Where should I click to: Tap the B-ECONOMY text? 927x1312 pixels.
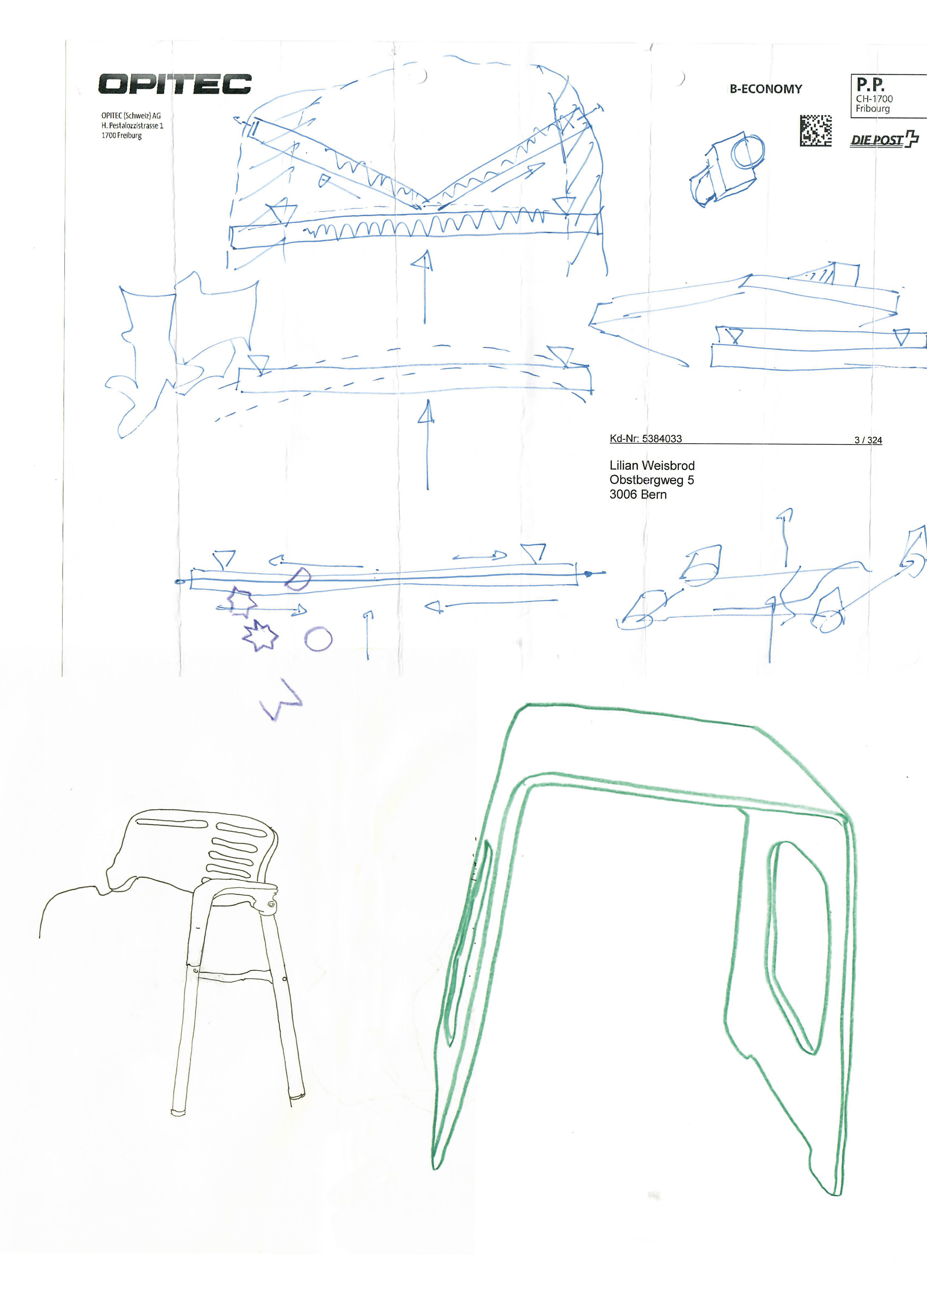click(x=766, y=89)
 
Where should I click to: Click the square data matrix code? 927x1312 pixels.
click(x=815, y=130)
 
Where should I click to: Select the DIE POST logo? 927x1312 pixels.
click(x=884, y=140)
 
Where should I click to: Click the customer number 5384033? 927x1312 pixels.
click(x=662, y=439)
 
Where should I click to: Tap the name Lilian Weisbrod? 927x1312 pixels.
click(x=652, y=466)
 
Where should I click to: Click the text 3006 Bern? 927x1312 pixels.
click(x=638, y=495)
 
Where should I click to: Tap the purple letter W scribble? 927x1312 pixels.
click(x=281, y=699)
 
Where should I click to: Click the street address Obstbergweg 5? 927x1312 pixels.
click(x=652, y=480)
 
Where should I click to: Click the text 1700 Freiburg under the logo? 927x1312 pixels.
click(x=121, y=135)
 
